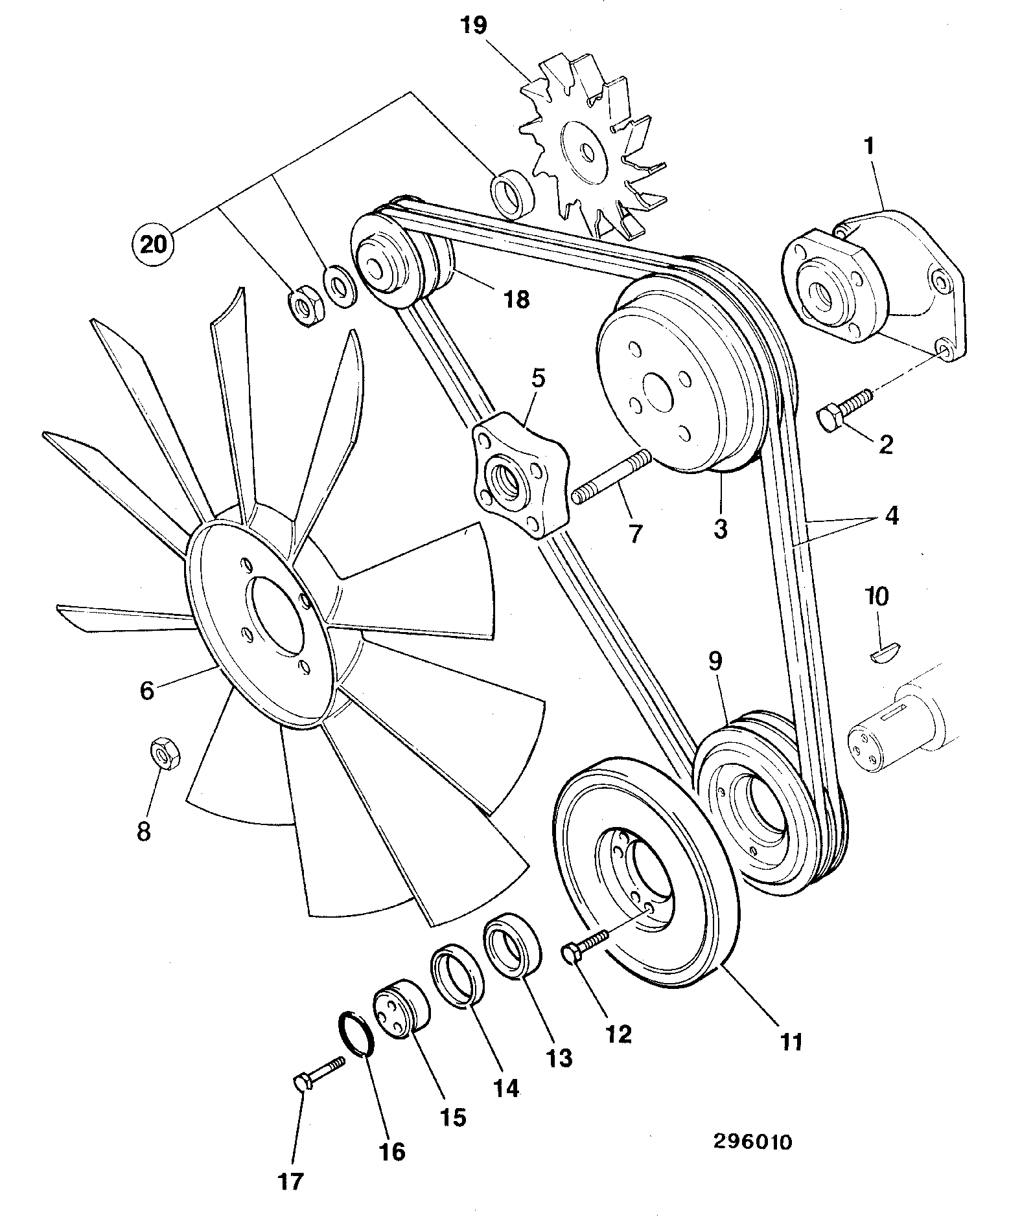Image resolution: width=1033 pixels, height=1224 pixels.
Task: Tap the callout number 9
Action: tap(714, 661)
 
